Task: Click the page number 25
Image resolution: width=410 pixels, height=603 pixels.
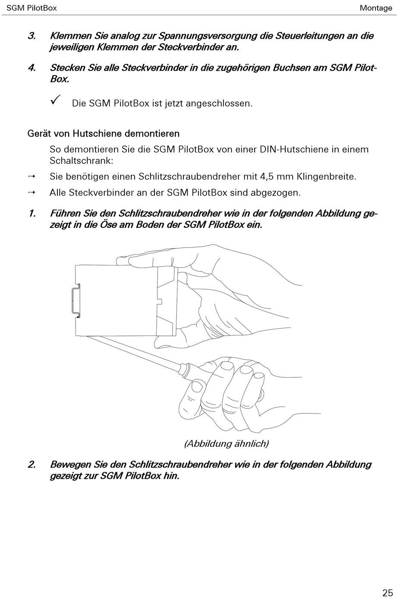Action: tap(388, 593)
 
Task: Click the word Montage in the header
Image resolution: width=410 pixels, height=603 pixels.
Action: tap(376, 8)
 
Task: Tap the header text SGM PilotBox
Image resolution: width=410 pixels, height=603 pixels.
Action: tap(32, 8)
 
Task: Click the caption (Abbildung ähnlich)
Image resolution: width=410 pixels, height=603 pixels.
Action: tap(227, 443)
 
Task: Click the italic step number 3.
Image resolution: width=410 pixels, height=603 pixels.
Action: tap(32, 36)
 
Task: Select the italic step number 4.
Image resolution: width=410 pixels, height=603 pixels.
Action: tap(32, 68)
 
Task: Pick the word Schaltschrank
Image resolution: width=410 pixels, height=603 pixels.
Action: tap(81, 161)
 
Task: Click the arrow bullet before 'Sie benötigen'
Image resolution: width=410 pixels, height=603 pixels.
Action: tap(32, 176)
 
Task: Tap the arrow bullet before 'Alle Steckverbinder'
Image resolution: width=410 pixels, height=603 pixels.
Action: tap(32, 193)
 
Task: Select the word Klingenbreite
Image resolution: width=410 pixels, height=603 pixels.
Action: tap(327, 177)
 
